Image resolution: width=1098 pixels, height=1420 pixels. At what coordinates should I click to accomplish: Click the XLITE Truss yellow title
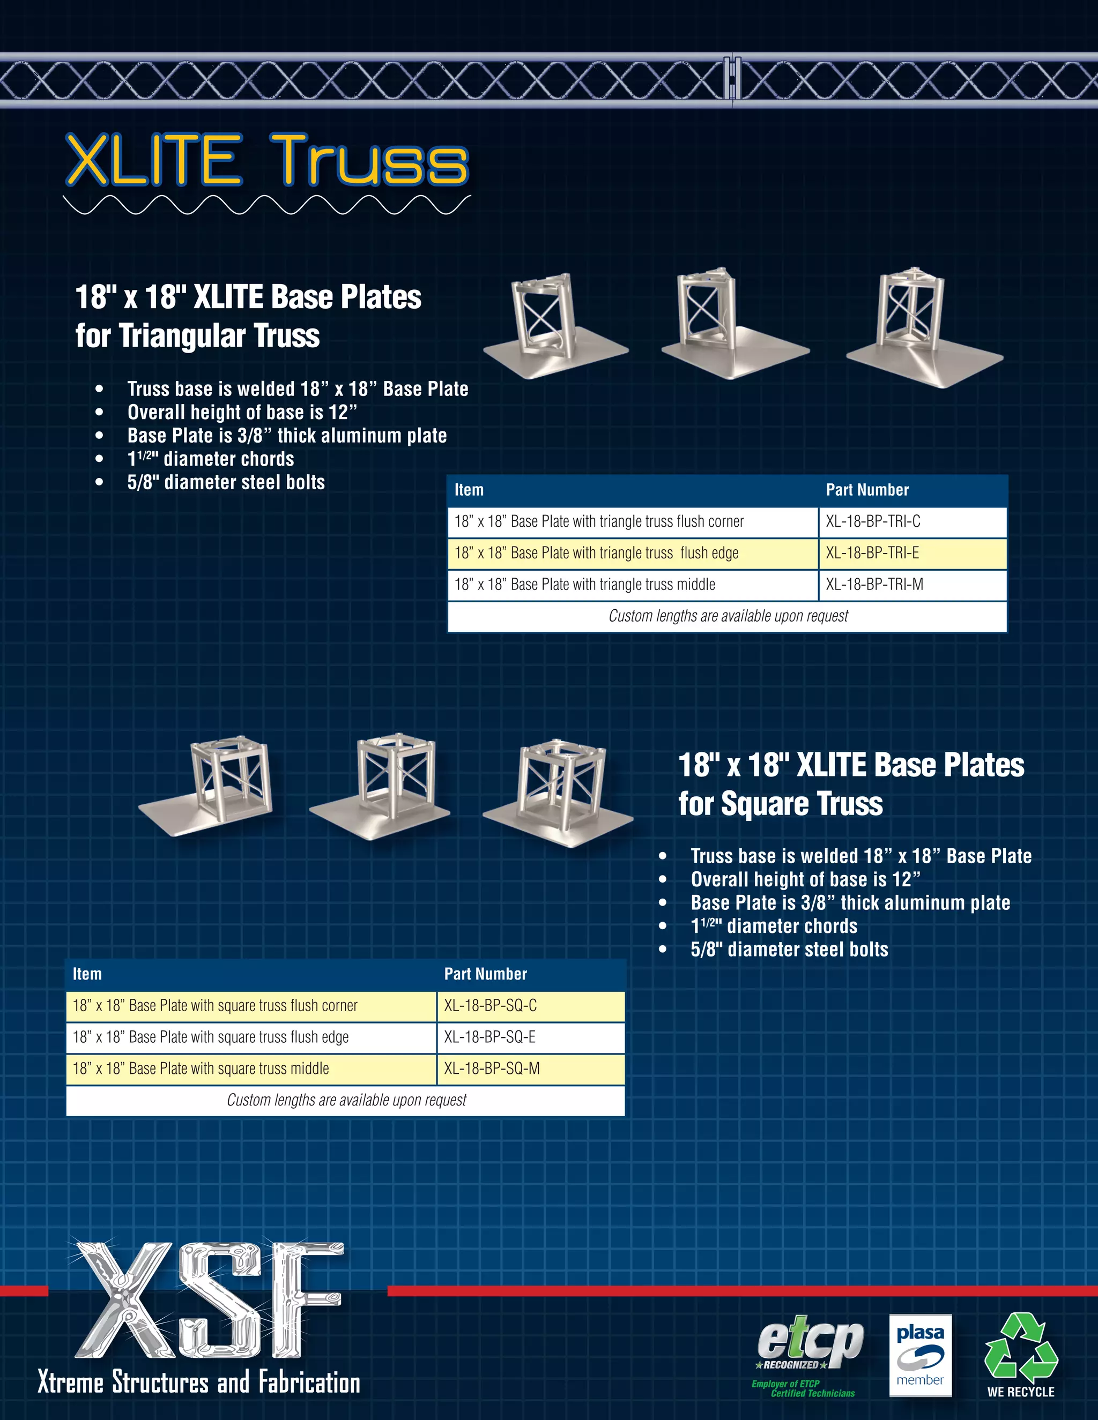[x=266, y=161]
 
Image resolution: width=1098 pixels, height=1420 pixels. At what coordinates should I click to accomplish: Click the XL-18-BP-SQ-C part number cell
[x=530, y=1006]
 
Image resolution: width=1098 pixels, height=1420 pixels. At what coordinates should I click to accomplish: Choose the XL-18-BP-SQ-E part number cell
[x=530, y=1037]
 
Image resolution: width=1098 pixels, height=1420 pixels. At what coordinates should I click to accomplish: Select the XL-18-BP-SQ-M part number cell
[x=530, y=1069]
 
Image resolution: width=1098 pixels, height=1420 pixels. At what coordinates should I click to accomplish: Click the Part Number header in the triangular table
[x=867, y=490]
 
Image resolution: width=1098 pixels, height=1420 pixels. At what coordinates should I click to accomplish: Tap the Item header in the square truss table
[x=87, y=974]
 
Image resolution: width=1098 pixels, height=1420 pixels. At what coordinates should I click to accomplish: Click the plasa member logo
[x=920, y=1355]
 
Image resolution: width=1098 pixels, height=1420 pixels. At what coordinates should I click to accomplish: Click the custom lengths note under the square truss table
[x=346, y=1100]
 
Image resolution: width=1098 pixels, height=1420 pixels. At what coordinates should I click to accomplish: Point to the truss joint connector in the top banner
[x=732, y=79]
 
